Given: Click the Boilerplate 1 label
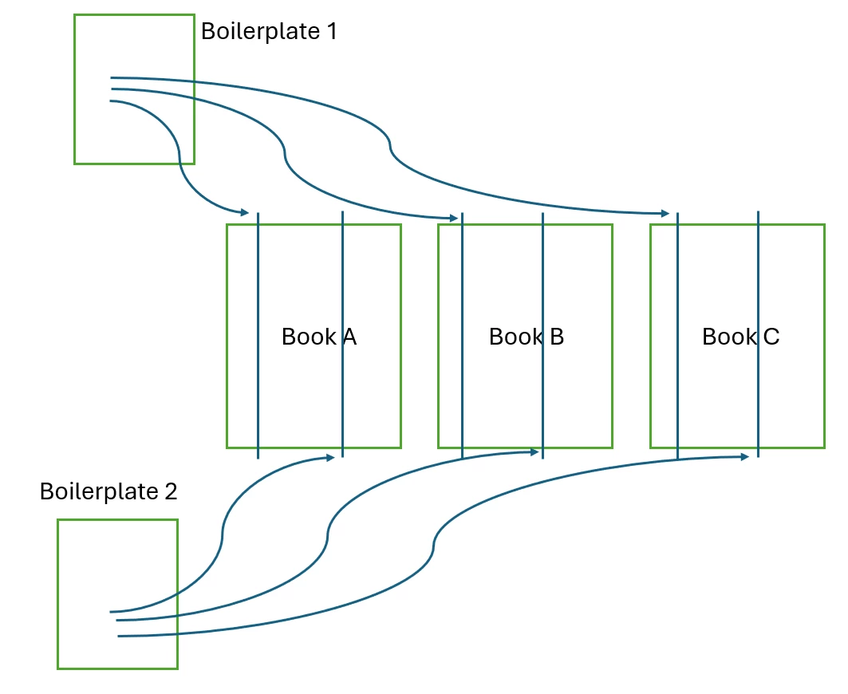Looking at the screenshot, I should (269, 32).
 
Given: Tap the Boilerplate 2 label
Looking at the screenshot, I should (108, 491).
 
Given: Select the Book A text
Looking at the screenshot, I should (318, 337).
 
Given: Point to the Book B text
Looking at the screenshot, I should (526, 337).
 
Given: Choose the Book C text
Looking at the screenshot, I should (740, 337).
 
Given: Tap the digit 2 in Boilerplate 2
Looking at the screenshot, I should (170, 491).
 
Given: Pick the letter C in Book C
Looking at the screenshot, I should (771, 337).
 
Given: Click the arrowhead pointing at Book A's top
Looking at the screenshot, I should (245, 212).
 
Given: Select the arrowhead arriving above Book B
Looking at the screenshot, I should (454, 218).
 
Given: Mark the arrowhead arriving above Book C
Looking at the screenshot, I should (665, 214).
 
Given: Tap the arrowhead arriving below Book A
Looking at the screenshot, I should (329, 458).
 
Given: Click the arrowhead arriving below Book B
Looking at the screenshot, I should (534, 452).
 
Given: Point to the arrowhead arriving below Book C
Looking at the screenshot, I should (743, 457).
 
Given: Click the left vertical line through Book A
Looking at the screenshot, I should (258, 383).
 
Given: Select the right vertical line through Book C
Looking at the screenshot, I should (758, 383).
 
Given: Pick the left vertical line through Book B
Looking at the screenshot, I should (462, 383).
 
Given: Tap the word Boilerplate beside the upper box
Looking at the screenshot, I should (258, 32).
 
